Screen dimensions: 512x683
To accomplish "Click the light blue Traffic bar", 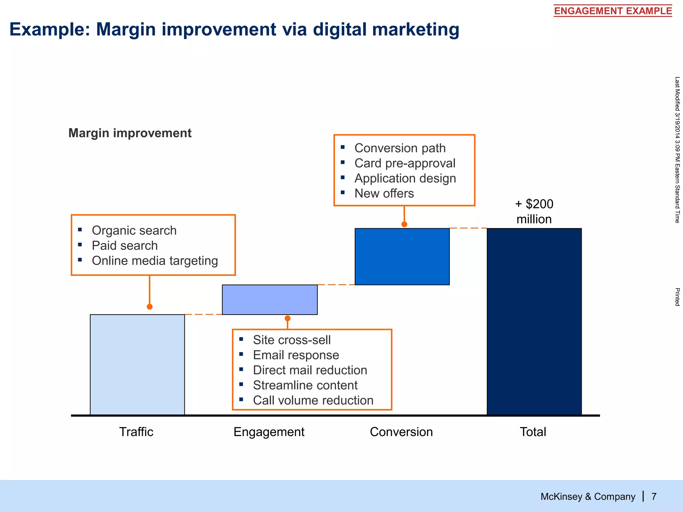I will [137, 365].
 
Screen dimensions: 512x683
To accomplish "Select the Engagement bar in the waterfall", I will [269, 299].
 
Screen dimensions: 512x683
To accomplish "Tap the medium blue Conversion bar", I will [402, 256].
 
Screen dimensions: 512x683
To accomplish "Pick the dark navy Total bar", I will [534, 321].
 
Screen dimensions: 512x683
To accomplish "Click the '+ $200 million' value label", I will [534, 211].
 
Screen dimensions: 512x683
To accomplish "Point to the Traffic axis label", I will [136, 432].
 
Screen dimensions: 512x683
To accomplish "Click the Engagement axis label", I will [269, 432].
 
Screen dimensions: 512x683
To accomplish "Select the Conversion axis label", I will [401, 432].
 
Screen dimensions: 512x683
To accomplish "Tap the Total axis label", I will [533, 432].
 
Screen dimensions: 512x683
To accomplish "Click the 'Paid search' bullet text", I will [124, 245].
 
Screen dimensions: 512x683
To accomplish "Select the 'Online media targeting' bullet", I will [155, 261].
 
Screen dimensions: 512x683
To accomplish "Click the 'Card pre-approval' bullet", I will [405, 163].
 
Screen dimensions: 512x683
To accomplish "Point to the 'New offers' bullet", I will [384, 193].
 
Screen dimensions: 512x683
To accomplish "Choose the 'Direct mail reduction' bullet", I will [310, 370].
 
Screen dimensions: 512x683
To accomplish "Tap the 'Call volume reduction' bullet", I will [313, 400].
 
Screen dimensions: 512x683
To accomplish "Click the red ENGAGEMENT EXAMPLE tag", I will [613, 11].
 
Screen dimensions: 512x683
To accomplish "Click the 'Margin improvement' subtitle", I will [130, 133].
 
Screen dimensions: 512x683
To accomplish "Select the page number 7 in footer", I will [654, 496].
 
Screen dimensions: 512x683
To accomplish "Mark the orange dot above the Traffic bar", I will [150, 306].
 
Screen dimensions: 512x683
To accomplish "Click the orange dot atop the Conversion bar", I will [404, 224].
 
